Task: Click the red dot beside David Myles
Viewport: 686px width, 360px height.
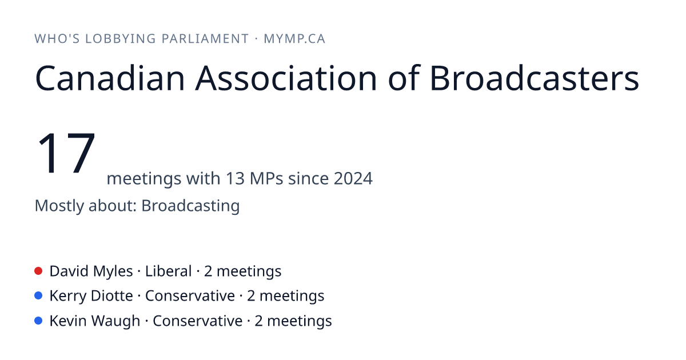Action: coord(38,271)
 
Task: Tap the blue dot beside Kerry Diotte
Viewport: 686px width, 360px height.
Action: coord(38,296)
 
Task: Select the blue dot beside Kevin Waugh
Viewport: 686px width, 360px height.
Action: coord(38,321)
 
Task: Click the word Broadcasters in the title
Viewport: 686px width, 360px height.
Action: coord(535,78)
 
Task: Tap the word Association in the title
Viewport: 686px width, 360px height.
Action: coord(286,78)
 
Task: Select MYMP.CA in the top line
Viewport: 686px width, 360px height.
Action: coord(294,39)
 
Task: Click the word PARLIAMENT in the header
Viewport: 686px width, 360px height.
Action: coord(205,39)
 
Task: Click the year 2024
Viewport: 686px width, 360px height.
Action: coord(353,178)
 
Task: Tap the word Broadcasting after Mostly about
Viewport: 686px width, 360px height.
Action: coord(190,206)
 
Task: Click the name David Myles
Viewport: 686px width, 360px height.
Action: coord(91,271)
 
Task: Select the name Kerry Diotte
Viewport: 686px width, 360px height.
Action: coord(91,296)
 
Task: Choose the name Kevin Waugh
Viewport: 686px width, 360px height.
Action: coord(95,321)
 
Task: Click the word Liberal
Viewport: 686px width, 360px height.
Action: coord(169,271)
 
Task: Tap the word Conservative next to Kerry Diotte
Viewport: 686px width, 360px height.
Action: coord(190,296)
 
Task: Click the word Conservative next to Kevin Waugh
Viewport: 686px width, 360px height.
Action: coord(198,321)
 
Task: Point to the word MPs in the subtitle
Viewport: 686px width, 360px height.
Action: coord(266,178)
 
